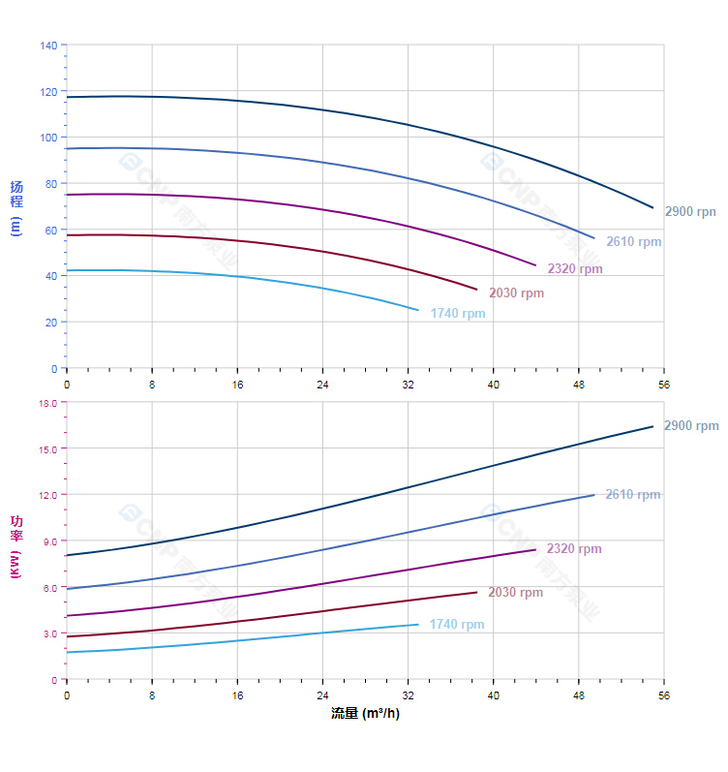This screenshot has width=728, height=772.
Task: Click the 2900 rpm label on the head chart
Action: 690,211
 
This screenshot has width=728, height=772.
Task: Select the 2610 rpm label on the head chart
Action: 634,242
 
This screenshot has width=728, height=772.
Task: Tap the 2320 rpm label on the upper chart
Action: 575,269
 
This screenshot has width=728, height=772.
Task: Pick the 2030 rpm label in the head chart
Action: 516,293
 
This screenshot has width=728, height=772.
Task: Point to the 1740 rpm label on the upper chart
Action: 458,314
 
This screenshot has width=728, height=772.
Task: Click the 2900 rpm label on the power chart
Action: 691,426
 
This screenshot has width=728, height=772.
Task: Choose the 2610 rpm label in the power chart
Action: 633,495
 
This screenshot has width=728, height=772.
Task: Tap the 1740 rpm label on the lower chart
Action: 457,625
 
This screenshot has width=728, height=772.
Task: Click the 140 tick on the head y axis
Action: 48,45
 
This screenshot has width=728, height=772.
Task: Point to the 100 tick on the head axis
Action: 48,138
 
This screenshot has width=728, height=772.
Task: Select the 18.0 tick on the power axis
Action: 47,402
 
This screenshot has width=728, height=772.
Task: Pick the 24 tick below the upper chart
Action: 322,385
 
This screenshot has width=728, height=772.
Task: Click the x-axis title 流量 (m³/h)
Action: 365,714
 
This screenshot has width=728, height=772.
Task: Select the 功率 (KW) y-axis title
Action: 15,547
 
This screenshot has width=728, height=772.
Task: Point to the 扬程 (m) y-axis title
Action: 15,207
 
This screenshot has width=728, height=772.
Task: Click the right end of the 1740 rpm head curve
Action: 418,310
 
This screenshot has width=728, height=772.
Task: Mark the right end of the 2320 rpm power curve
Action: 535,550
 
